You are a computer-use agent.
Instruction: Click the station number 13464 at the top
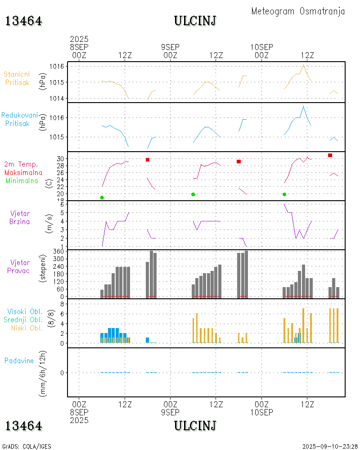[x=24, y=21]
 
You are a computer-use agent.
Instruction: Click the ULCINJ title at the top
[x=195, y=21]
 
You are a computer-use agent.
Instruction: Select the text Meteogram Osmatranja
[x=298, y=11]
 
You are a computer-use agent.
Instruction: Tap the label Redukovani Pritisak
[x=19, y=119]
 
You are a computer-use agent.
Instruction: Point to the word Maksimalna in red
[x=23, y=172]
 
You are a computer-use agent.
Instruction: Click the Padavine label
[x=19, y=360]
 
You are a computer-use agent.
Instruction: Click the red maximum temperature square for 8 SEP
[x=148, y=160]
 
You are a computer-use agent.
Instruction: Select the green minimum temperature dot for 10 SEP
[x=284, y=194]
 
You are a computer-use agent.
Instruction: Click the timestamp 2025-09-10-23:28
[x=330, y=446]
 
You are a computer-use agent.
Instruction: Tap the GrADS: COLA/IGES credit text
[x=27, y=446]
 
